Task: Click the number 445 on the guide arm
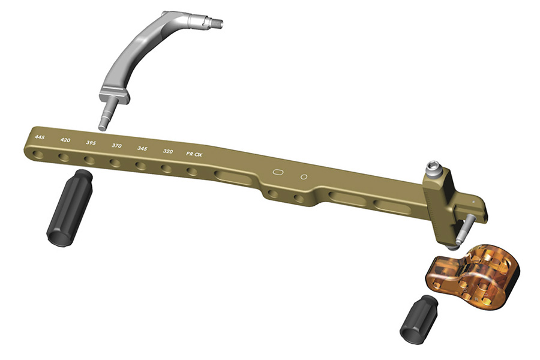pyautogui.click(x=40, y=137)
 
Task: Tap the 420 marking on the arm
pyautogui.click(x=65, y=140)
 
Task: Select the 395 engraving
pyautogui.click(x=91, y=143)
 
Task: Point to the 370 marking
pyautogui.click(x=117, y=145)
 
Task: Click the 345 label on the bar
pyautogui.click(x=142, y=148)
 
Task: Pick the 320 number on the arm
pyautogui.click(x=168, y=151)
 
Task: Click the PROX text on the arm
pyautogui.click(x=194, y=154)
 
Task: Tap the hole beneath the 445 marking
pyautogui.click(x=38, y=154)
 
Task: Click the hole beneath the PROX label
pyautogui.click(x=192, y=171)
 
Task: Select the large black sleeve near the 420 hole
pyautogui.click(x=69, y=208)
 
